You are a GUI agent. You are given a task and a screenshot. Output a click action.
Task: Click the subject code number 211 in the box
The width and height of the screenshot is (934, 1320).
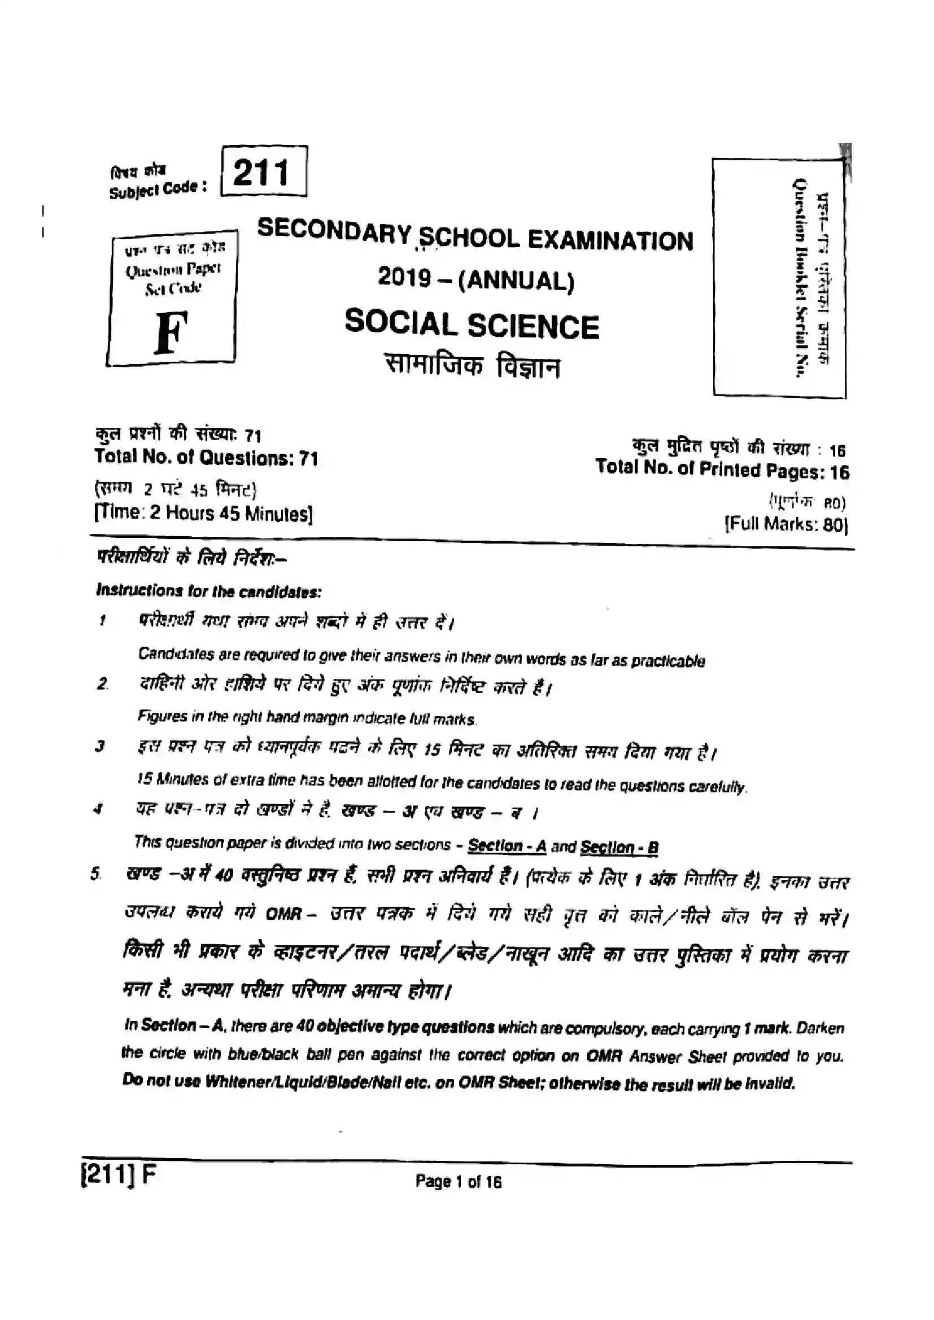(x=261, y=173)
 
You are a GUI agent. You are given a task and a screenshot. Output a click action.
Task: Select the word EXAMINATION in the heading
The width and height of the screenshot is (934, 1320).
(x=610, y=241)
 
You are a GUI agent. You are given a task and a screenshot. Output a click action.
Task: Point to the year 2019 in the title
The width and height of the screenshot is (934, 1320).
(x=404, y=278)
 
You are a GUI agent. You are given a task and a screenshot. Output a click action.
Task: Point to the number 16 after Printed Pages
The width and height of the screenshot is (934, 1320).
(x=839, y=472)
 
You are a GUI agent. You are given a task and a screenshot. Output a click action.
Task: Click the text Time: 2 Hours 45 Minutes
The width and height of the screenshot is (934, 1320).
(x=204, y=513)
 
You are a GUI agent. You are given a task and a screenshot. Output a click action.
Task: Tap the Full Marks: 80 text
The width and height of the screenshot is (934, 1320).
(x=785, y=524)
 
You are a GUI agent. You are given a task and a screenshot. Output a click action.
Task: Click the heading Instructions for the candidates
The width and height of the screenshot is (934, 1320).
(x=209, y=591)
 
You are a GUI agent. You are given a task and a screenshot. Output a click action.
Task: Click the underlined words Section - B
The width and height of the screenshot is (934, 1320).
(x=619, y=847)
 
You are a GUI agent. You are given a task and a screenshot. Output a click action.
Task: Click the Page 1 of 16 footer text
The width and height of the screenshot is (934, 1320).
(x=459, y=1182)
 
